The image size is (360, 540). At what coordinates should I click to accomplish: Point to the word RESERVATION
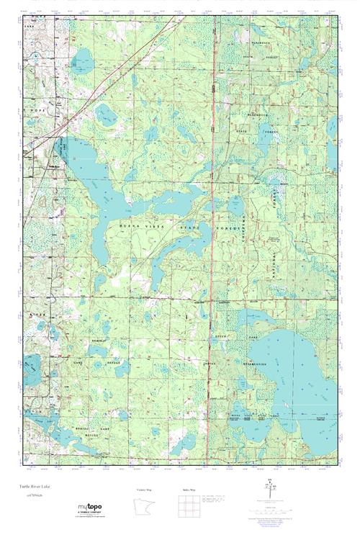254,364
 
